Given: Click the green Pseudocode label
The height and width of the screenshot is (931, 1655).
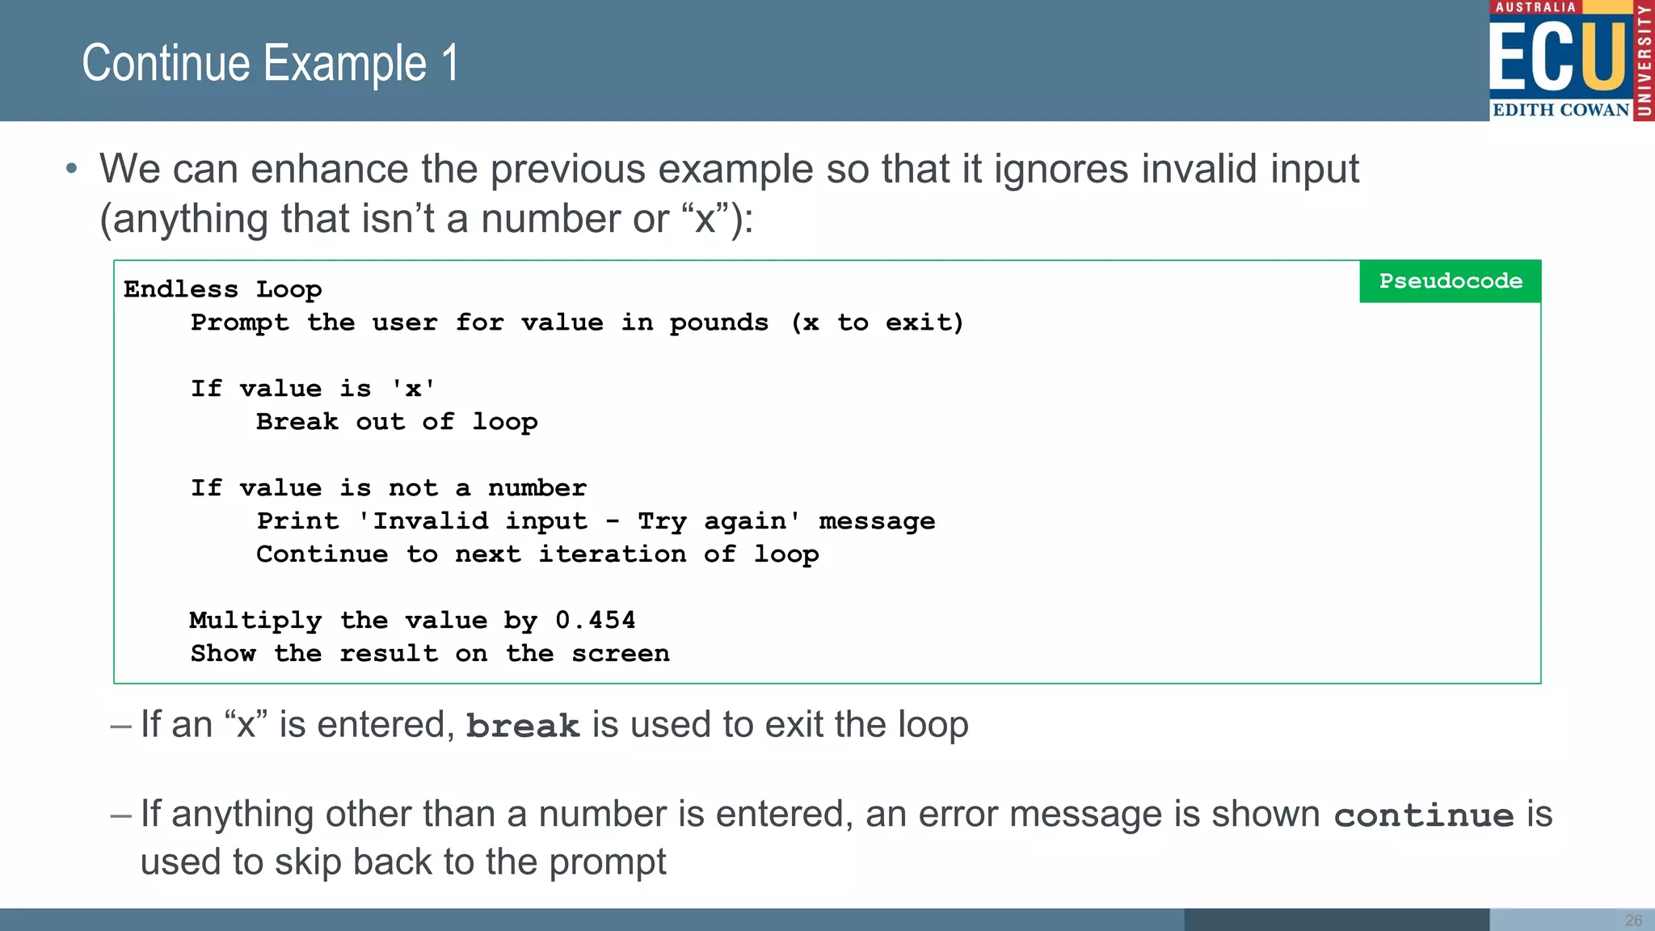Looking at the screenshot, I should click(1450, 281).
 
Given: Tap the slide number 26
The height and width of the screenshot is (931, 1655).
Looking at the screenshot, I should click(1633, 920).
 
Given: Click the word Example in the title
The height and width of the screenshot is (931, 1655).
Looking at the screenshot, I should click(345, 64).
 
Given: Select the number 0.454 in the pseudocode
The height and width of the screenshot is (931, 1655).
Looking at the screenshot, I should click(595, 620).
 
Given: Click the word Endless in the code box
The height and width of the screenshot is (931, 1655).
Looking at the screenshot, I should click(180, 289).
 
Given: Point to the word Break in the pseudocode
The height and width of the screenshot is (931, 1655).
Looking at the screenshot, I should click(297, 422).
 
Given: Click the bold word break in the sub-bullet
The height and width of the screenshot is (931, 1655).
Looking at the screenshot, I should click(523, 726).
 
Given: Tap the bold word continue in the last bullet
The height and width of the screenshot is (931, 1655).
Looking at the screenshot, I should click(1423, 815).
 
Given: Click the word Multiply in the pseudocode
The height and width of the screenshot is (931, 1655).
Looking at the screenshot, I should click(255, 620).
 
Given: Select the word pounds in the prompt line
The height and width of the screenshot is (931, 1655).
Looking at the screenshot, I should click(718, 322).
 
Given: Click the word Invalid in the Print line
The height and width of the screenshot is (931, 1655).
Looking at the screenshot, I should click(430, 521).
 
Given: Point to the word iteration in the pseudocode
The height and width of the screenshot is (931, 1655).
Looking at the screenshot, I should click(612, 554).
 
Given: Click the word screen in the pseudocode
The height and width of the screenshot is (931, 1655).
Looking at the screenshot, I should click(620, 653).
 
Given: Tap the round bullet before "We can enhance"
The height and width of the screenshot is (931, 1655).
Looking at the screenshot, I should click(72, 169).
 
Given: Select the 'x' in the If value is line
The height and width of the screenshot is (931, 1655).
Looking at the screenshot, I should click(413, 389).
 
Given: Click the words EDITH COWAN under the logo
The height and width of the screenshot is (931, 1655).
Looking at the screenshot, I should click(1560, 110).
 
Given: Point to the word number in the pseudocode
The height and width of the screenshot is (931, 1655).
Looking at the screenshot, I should click(537, 488).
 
